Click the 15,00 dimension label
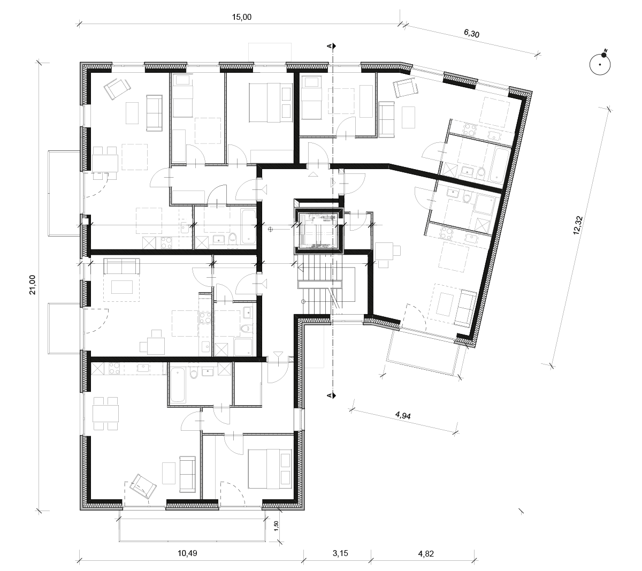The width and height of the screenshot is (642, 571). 242,17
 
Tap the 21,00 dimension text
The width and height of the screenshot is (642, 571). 33,285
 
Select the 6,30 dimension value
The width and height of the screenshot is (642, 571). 471,33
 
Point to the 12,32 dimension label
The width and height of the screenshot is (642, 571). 578,225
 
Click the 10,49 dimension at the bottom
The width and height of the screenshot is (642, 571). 187,553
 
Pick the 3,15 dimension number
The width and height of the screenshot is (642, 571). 340,553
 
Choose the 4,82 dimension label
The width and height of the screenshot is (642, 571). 426,553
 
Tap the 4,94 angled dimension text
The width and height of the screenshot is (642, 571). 403,415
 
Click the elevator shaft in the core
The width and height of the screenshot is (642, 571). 319,231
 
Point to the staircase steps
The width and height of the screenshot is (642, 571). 320,285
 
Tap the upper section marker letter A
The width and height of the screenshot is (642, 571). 329,46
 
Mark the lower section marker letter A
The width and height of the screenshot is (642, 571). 329,395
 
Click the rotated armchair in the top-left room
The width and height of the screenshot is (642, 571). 118,88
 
